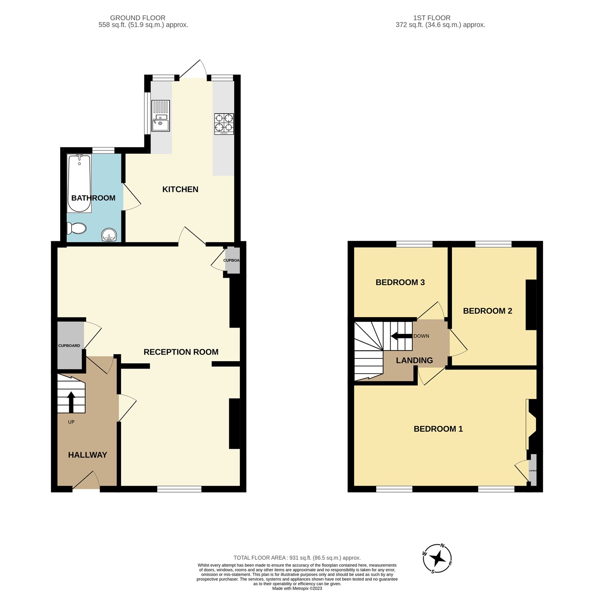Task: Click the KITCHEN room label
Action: pos(180,189)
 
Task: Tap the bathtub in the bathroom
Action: pos(80,183)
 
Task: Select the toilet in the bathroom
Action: pos(77,228)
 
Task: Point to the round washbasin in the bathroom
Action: pos(109,235)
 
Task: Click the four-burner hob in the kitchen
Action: pos(224,123)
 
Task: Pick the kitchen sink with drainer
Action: pos(160,116)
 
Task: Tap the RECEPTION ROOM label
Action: pos(181,352)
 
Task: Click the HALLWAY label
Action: pos(88,455)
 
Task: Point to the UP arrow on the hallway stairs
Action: pos(71,401)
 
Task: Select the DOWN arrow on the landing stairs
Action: pos(401,336)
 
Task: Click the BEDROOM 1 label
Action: pos(438,429)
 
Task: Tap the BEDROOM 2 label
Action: pos(488,311)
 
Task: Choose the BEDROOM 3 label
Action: pos(400,282)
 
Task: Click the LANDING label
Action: pos(414,360)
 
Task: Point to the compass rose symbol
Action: pos(437,558)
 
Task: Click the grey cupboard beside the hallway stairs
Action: pos(70,346)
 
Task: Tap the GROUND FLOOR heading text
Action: pos(138,18)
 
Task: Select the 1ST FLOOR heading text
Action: pos(432,18)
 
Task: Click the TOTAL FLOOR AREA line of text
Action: pos(297,558)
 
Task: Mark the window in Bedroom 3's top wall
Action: pos(414,244)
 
